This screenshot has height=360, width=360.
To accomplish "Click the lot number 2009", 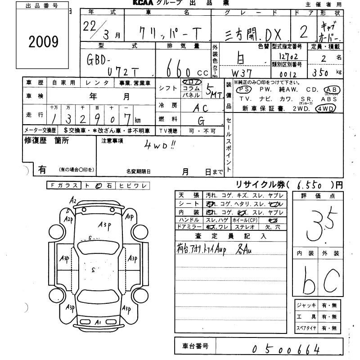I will point(44,42).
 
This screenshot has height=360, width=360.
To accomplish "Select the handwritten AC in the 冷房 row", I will point(202,108).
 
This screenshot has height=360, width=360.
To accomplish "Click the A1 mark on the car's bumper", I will point(98,322).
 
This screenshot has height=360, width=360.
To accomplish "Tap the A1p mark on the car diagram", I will point(129,217).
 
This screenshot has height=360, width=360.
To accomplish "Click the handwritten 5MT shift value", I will point(214,92).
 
